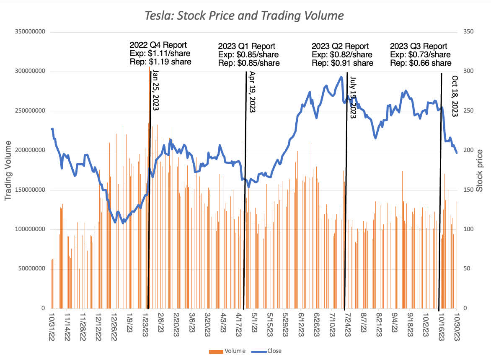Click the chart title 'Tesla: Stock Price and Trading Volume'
coord(244,16)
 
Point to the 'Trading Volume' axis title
coord(8,170)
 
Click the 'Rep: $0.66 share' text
coord(421,63)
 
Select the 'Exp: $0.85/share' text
coord(248,55)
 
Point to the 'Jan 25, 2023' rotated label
coord(156,90)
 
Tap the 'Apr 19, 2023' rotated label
coord(252,92)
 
